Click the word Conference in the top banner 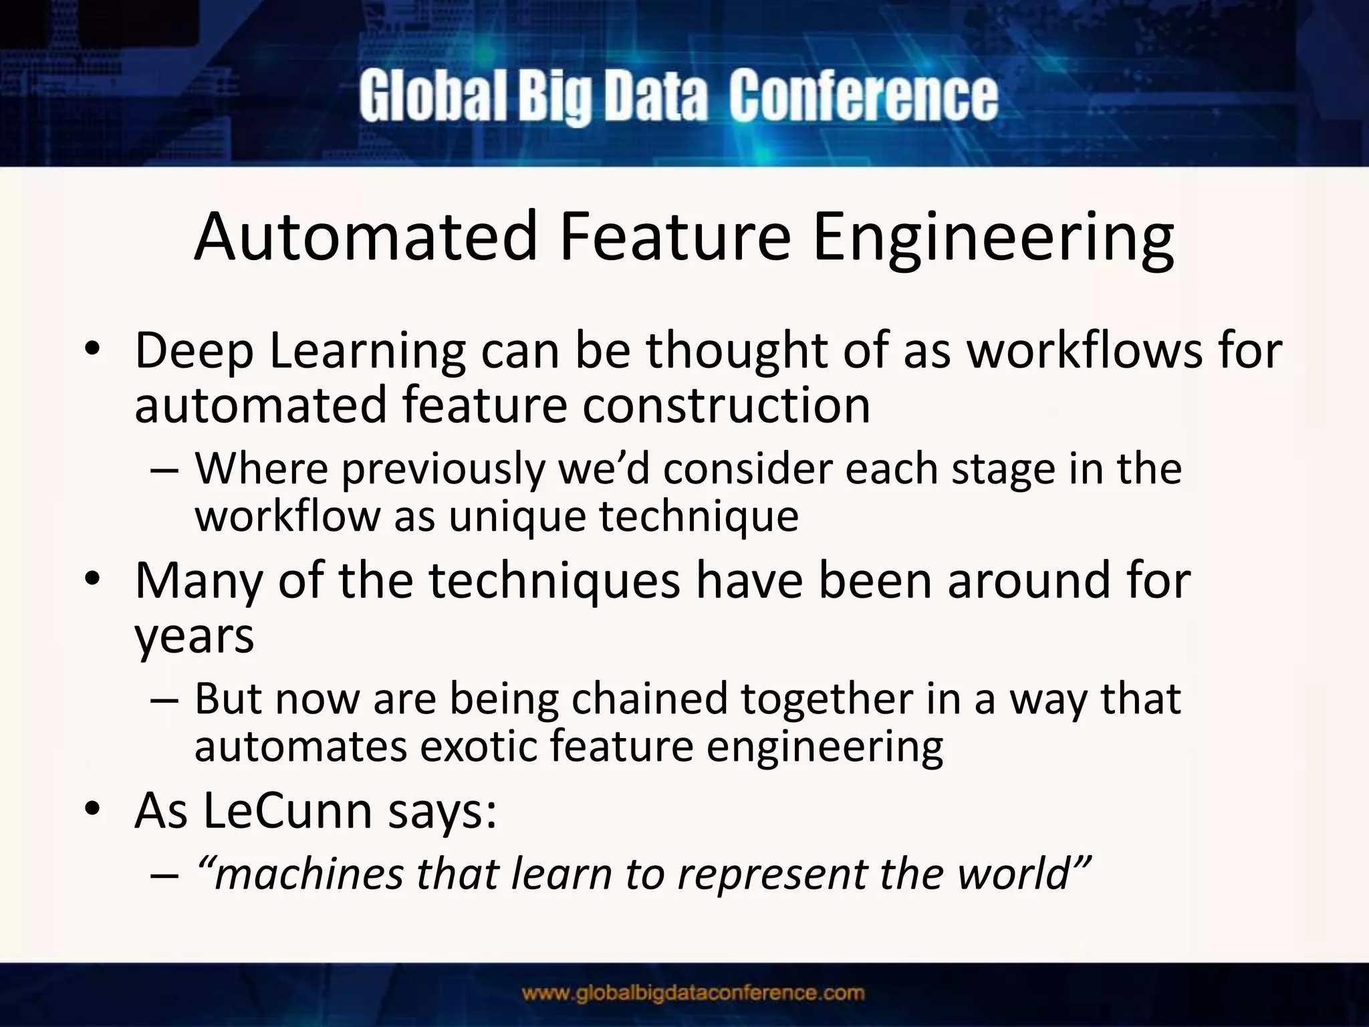863,97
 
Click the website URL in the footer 693,993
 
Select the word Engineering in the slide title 993,237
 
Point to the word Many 199,580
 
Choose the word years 195,636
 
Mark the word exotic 477,746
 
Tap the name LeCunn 287,810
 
